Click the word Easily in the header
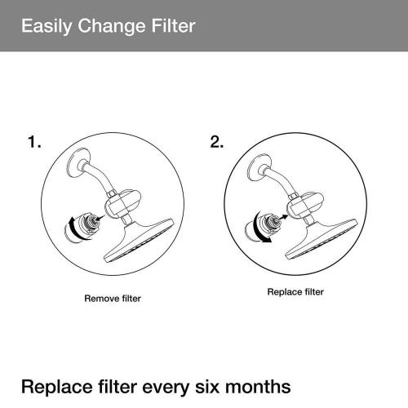47,27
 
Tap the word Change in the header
112,27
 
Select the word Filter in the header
174,25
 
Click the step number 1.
34,142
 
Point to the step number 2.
217,142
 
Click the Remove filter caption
113,299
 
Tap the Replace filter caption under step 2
295,292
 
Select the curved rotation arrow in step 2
258,228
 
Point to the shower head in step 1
139,239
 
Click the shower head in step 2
321,238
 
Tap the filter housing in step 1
123,203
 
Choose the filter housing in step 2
305,205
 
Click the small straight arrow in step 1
100,218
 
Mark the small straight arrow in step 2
282,217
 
